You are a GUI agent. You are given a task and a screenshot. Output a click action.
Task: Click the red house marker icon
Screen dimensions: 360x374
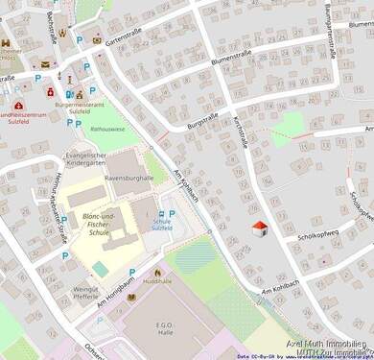(258, 228)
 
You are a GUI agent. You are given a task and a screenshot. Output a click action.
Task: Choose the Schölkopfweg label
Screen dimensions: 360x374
(318, 235)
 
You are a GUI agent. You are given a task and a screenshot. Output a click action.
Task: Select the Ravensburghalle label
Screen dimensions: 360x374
(129, 178)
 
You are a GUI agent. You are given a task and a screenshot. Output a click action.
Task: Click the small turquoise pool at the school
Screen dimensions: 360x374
(101, 269)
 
